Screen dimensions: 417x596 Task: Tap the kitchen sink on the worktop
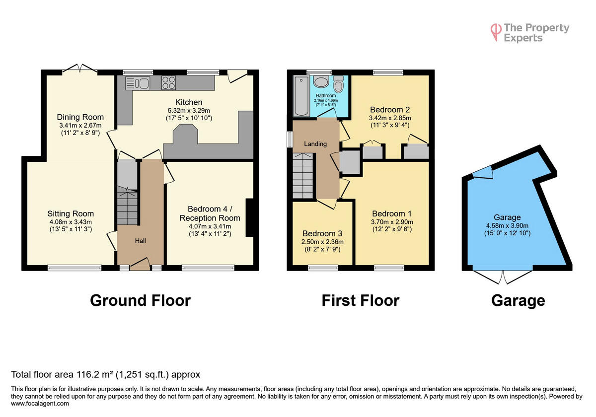click(138, 83)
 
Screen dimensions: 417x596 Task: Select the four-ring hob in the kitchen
click(168, 82)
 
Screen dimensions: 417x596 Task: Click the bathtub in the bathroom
click(300, 96)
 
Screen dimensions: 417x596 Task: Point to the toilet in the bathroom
click(338, 84)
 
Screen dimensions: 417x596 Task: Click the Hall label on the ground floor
click(141, 241)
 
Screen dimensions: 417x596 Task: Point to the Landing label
click(315, 144)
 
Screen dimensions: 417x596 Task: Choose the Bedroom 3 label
click(323, 233)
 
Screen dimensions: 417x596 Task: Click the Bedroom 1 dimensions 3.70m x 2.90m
click(392, 222)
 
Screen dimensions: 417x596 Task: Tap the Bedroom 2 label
click(390, 109)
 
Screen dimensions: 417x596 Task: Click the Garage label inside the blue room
click(507, 217)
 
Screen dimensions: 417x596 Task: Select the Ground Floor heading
click(140, 300)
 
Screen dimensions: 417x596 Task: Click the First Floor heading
click(360, 300)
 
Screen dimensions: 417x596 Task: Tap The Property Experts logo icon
click(495, 31)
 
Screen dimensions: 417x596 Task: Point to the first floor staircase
click(303, 176)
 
